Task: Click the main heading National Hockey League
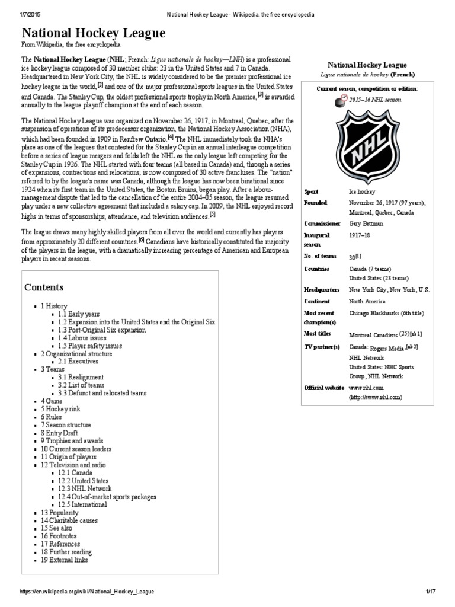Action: coord(94,34)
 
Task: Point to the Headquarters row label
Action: coord(321,290)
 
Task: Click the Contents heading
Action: coord(44,287)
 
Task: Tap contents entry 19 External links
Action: coord(65,560)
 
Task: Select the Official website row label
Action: coord(323,388)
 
